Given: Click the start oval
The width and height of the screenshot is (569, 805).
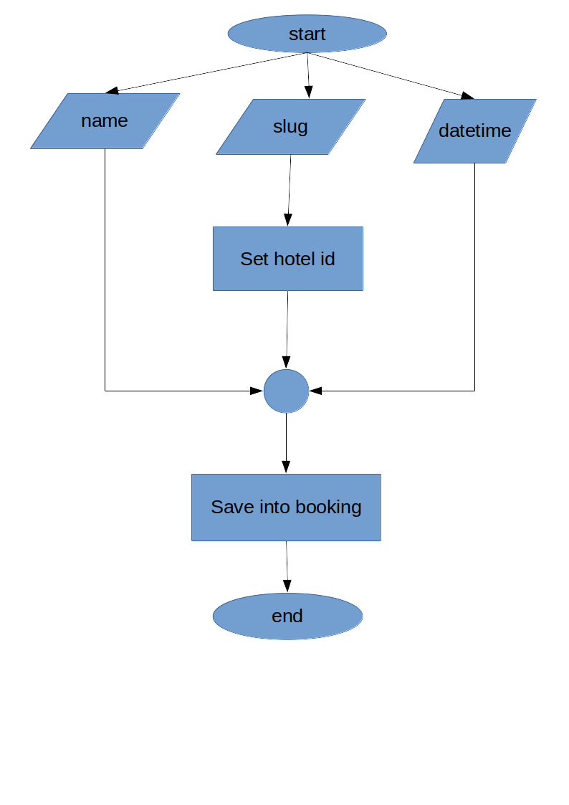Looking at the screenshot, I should click(307, 34).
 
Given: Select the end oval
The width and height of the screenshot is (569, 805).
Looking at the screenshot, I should click(287, 616).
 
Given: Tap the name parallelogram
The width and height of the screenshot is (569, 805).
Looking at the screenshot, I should click(105, 120).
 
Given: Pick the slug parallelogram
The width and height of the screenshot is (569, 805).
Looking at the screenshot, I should click(290, 127).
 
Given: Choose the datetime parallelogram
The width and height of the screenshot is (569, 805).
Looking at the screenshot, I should click(474, 130).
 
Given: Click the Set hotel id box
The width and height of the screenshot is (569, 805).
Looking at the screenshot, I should click(287, 259).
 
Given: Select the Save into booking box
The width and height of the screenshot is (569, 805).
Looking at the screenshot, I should click(286, 507).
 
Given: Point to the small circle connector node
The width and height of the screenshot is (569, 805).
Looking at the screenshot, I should click(286, 391).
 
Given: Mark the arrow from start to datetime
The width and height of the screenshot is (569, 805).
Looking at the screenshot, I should click(391, 75).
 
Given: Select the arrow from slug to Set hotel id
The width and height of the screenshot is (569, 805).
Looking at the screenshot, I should click(290, 190).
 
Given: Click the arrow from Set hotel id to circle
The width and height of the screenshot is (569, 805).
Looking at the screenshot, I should click(287, 330).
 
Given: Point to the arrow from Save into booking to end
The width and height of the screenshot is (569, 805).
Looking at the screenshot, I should click(287, 566).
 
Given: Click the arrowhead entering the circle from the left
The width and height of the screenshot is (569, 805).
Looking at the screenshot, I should click(257, 391).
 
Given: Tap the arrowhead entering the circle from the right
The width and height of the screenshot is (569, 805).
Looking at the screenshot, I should click(316, 391).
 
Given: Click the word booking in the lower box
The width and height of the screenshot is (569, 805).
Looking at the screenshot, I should click(328, 507).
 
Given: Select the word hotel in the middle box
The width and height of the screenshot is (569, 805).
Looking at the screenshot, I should click(294, 259).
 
